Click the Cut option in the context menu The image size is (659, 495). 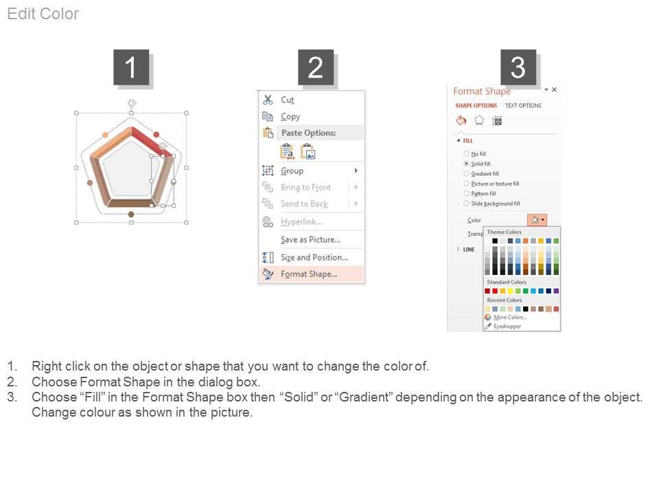coord(288,100)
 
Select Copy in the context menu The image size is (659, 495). coord(290,117)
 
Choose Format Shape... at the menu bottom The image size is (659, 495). coord(309,274)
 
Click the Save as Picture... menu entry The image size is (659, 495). coord(310,239)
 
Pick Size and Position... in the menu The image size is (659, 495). coord(314,257)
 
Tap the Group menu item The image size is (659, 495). coord(292,170)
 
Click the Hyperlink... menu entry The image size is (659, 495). coord(301,222)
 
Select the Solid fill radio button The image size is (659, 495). coord(466,164)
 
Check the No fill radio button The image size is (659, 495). coord(466,153)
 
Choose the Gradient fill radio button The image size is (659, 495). coord(466,173)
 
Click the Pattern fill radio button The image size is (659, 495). coord(466,193)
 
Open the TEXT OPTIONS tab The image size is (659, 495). coord(523,106)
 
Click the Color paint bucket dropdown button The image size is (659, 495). coord(537,220)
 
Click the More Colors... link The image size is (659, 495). coord(510,318)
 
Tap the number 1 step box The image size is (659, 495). coord(131,67)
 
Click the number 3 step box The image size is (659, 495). coord(518,67)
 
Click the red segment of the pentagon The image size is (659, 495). coord(151,142)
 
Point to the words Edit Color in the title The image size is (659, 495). coord(43,14)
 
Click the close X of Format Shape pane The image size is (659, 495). coord(555,89)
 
